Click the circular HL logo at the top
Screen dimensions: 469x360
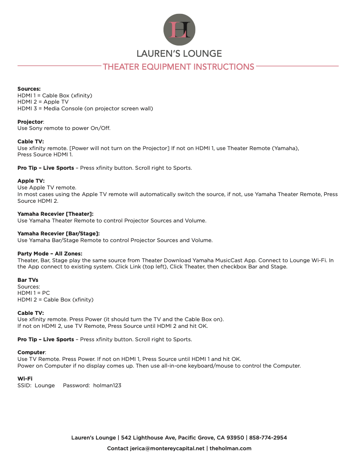[179, 29]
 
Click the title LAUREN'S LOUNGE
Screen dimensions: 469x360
[179, 54]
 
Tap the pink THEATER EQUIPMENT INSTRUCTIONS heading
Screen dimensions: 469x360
[179, 67]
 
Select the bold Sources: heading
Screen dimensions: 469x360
[29, 89]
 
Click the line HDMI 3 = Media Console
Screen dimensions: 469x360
[85, 108]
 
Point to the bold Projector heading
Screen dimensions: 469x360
[30, 121]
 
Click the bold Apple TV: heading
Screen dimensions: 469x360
[31, 181]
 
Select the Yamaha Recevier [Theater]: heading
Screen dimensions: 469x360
[55, 214]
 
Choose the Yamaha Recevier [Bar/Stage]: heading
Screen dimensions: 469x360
[59, 234]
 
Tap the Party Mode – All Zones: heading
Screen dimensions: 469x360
[50, 254]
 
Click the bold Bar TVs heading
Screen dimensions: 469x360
[28, 280]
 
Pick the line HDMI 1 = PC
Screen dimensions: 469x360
[33, 293]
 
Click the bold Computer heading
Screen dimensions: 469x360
[31, 352]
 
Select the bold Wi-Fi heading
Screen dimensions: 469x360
[25, 379]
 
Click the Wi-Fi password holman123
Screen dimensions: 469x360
[107, 385]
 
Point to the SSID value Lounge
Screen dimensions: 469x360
[45, 385]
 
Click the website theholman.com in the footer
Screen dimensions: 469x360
[230, 448]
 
